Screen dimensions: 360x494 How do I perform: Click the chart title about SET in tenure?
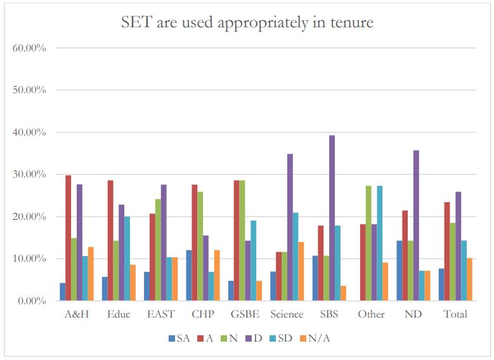point(247,23)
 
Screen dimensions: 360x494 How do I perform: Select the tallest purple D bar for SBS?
point(332,218)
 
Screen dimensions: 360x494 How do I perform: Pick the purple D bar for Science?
point(290,228)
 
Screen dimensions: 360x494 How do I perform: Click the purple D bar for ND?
point(416,226)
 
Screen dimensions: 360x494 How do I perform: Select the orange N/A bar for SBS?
point(343,293)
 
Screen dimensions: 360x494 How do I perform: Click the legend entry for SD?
point(280,338)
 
